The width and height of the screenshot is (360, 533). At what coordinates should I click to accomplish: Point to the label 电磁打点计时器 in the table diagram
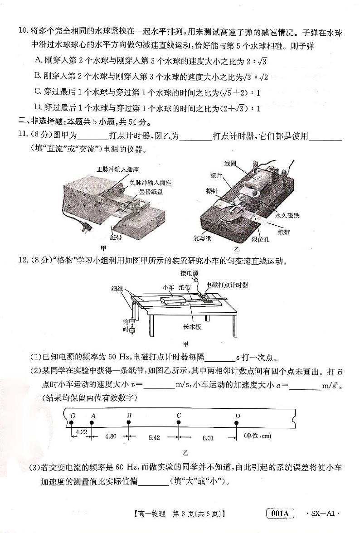click(x=227, y=285)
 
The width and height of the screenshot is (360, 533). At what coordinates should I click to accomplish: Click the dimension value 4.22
click(x=82, y=432)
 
